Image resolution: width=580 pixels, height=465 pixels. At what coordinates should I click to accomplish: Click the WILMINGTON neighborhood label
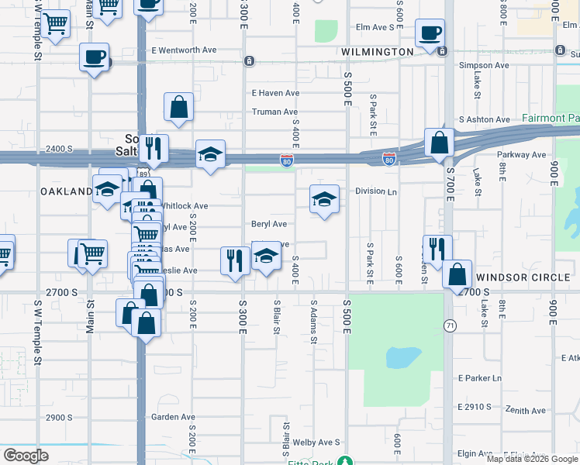click(x=377, y=52)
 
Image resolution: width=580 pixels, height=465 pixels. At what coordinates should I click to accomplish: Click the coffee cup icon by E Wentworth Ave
click(x=94, y=58)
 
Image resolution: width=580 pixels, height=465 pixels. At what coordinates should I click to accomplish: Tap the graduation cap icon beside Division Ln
click(x=324, y=199)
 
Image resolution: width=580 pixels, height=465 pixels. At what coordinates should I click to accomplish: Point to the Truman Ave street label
click(x=275, y=112)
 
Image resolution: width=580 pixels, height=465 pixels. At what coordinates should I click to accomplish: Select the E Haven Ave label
click(x=275, y=93)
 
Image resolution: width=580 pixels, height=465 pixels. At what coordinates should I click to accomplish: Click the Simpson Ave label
click(x=484, y=66)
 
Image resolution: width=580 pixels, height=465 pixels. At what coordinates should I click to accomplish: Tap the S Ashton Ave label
click(x=485, y=119)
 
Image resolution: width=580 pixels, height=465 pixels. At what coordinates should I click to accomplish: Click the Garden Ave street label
click(x=173, y=417)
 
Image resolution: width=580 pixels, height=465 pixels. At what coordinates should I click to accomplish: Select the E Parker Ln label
click(x=480, y=378)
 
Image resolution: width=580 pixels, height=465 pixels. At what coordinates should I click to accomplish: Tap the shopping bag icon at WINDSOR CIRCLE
click(x=457, y=274)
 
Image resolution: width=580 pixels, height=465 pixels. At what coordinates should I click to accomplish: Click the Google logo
click(x=26, y=456)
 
